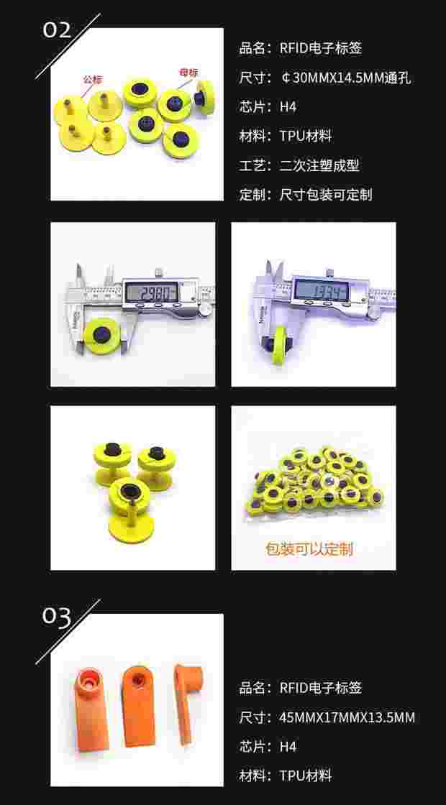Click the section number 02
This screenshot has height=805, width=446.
tap(58, 29)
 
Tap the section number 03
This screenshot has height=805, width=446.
tap(58, 617)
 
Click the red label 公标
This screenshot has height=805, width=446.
tap(92, 78)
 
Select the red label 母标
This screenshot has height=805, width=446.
tap(188, 73)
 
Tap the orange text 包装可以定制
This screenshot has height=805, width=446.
tap(309, 550)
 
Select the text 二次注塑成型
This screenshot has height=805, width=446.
tap(319, 165)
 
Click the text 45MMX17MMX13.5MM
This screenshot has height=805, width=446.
tap(347, 717)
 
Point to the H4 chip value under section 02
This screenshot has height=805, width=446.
tap(288, 107)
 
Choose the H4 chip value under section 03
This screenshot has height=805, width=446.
tap(288, 747)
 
